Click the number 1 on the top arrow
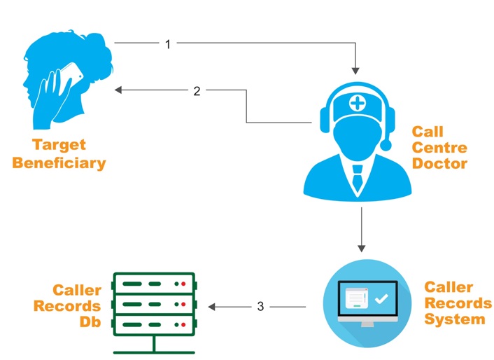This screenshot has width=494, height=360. (x=168, y=44)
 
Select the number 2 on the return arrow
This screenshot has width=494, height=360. (x=197, y=90)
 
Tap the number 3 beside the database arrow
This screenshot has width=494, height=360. (x=260, y=306)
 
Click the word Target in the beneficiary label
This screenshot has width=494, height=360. (x=59, y=145)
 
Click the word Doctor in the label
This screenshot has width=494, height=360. (x=439, y=164)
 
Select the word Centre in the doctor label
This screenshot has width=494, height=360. (x=439, y=148)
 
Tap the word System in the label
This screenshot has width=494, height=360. (x=455, y=319)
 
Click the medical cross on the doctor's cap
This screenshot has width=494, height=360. (x=356, y=104)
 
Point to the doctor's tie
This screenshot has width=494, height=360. (x=357, y=176)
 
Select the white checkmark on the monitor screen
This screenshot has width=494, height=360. (x=381, y=299)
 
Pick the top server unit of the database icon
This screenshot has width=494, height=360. (x=153, y=284)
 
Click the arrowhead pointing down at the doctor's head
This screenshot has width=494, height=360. (x=356, y=70)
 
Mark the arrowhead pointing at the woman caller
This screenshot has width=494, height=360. (x=120, y=90)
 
